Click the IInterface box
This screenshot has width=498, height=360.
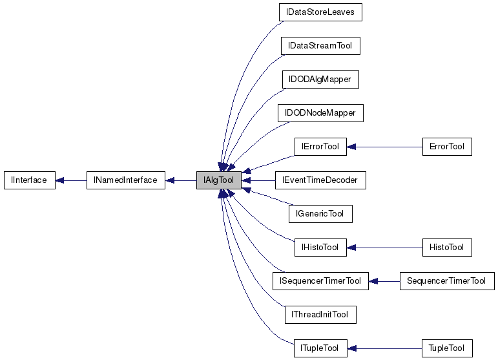29,180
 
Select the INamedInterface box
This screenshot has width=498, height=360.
126,180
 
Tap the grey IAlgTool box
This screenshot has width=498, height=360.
219,180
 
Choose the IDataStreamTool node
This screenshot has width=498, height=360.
320,46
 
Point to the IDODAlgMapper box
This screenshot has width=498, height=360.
320,79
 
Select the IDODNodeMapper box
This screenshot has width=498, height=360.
320,113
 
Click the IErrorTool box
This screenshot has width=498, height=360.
320,147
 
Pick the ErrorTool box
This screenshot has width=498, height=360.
447,147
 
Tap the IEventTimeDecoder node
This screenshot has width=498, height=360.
320,180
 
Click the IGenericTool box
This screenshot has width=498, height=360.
320,214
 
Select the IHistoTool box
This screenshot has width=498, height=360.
320,248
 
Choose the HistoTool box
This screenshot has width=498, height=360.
447,248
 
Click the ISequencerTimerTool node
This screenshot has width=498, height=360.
320,281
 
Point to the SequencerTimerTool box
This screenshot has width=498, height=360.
447,281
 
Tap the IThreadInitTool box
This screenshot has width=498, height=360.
320,315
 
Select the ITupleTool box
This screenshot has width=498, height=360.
320,348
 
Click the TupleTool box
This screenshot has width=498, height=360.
447,348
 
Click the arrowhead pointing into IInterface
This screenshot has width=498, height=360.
59,180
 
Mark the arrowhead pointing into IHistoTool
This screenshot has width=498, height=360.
352,248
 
